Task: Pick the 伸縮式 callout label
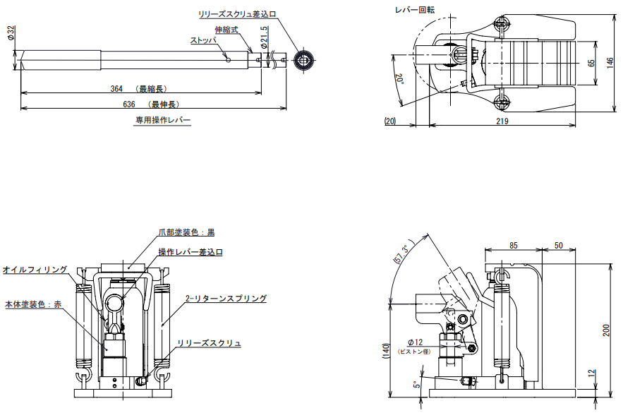[227, 30]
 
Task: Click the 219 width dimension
[502, 121]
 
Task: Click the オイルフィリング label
[35, 270]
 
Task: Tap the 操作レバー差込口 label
[190, 252]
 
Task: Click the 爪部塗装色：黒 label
[186, 232]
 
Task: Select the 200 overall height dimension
[611, 331]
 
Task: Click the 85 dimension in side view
[513, 245]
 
